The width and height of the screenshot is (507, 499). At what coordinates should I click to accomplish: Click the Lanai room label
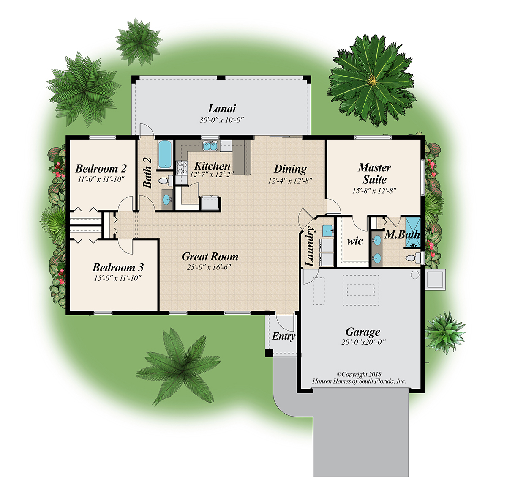tap(222, 109)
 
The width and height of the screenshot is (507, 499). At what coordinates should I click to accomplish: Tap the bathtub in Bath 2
tap(165, 154)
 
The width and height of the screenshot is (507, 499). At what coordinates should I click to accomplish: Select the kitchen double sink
tap(210, 146)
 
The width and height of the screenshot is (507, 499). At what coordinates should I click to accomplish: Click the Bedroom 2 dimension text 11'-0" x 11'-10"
tap(101, 179)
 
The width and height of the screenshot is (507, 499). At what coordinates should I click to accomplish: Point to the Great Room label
tap(210, 257)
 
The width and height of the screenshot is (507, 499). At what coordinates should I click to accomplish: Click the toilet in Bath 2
tap(164, 181)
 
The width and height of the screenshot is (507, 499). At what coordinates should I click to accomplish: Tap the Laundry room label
tap(310, 247)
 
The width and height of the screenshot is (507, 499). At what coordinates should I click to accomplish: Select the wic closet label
tap(355, 241)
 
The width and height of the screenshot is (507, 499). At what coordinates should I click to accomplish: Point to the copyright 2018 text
tap(359, 374)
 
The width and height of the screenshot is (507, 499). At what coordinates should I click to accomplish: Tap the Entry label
tap(283, 336)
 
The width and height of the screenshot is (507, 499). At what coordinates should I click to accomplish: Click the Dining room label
tap(290, 169)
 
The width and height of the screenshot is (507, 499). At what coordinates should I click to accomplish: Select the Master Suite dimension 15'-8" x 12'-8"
tap(374, 191)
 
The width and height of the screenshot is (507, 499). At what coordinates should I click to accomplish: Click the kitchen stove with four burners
tap(182, 167)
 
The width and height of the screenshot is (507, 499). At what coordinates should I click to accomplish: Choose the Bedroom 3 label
tap(118, 267)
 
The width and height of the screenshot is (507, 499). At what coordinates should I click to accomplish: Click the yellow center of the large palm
tap(373, 80)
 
